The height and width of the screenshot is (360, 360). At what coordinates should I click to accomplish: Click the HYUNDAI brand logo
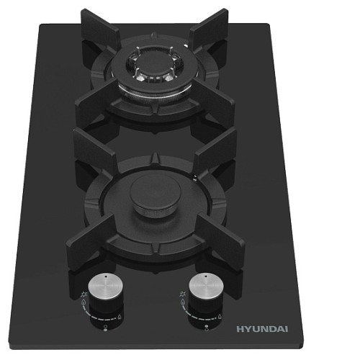coord(262,329)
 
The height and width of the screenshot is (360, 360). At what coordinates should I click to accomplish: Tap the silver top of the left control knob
coord(105,286)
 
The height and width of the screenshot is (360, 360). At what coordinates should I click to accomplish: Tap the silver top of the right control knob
coord(206,286)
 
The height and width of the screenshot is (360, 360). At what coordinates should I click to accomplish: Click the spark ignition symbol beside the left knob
coord(84,294)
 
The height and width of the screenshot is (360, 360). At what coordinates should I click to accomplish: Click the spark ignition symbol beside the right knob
coord(182,294)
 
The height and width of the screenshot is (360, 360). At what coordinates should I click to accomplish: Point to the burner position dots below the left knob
coord(105,328)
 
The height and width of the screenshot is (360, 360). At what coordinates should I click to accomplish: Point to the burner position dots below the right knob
coord(207,328)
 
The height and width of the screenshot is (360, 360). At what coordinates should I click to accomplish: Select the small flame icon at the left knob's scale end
coord(120,317)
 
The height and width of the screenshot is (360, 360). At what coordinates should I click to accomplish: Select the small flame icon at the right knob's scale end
coord(220,317)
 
